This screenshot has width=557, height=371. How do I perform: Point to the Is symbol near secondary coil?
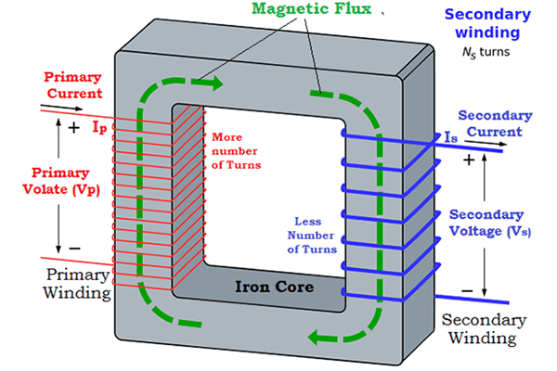(452, 136)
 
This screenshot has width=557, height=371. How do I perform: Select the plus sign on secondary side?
(469, 160)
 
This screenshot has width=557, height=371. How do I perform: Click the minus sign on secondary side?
(467, 291)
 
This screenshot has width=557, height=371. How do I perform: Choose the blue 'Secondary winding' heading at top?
(487, 24)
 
